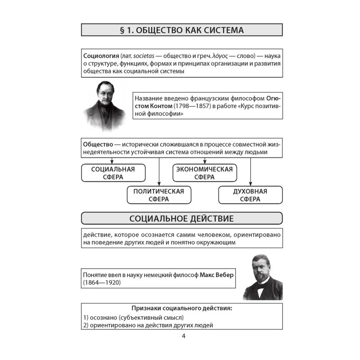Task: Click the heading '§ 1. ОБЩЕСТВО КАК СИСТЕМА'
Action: click(182, 30)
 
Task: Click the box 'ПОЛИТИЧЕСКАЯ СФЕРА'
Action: click(158, 195)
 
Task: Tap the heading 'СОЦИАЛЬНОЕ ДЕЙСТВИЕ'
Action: click(182, 219)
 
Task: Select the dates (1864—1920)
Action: click(102, 283)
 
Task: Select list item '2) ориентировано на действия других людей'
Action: click(148, 325)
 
